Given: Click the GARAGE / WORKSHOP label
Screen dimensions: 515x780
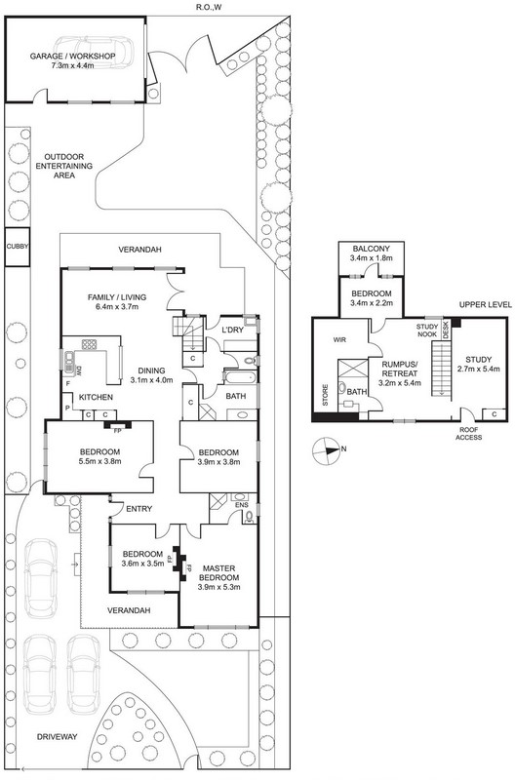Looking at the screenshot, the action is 72,57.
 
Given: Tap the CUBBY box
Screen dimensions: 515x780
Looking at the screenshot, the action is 18,247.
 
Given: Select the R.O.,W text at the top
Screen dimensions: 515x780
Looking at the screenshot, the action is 209,7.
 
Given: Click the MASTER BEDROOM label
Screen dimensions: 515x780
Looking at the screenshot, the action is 218,573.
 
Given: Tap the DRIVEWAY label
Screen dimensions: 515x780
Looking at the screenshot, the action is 58,737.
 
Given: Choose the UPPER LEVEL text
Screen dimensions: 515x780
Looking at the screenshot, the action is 485,305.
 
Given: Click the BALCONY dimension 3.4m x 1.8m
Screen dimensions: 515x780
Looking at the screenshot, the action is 372,258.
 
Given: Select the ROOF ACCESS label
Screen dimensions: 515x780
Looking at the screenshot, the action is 470,433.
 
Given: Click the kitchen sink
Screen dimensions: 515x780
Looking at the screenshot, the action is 67,361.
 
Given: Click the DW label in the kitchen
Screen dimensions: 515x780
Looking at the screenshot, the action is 78,370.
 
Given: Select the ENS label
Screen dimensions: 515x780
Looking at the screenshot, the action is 242,505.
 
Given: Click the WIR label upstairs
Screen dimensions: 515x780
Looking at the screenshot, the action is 339,340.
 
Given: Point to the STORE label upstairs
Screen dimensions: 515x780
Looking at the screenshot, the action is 326,396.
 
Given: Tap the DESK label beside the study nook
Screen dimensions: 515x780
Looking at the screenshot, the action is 446,330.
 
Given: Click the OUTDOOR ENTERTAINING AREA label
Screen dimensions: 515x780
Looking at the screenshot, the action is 64,166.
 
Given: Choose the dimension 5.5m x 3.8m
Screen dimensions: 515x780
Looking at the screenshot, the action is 100,461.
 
